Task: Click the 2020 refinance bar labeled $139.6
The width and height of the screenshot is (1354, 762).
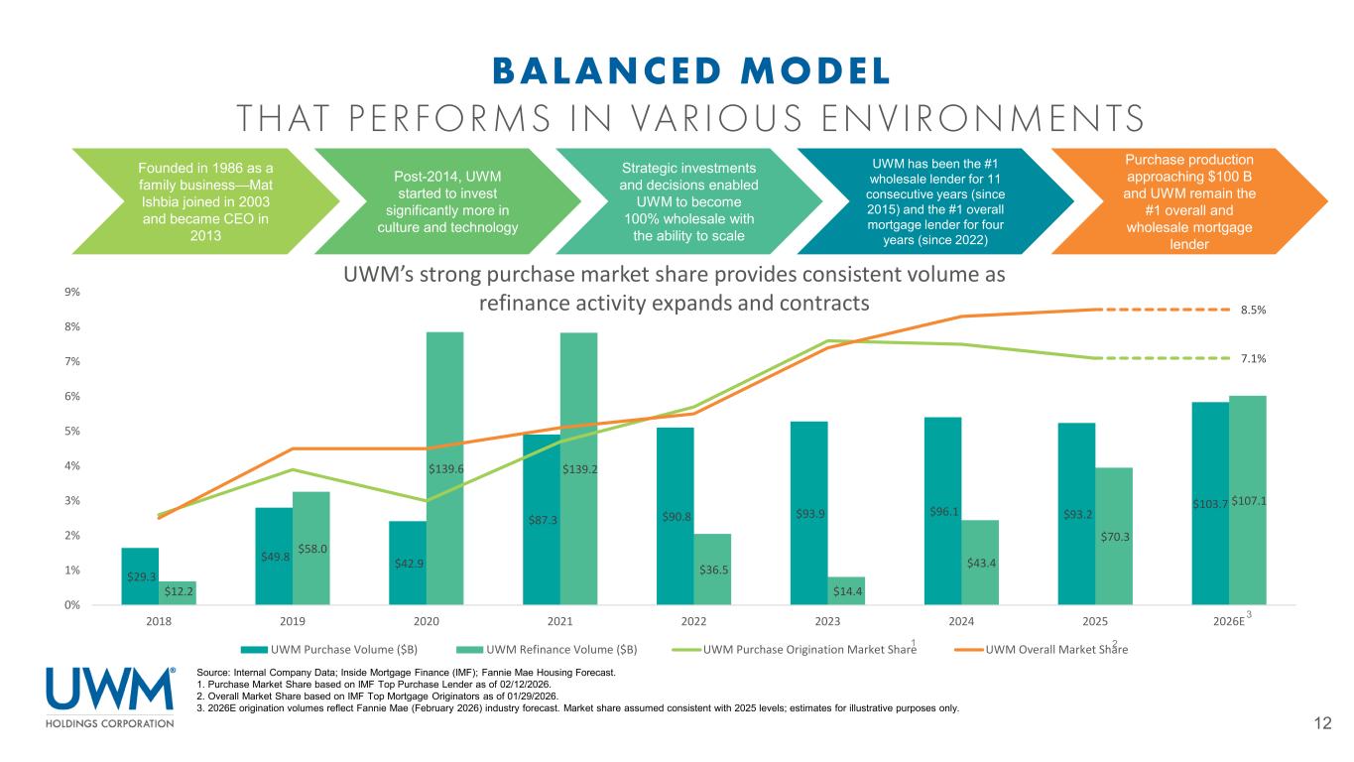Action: pyautogui.click(x=444, y=467)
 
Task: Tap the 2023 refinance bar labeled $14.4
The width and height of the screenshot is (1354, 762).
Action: pyautogui.click(x=846, y=590)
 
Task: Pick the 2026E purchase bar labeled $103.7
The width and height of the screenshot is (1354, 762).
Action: pyautogui.click(x=1209, y=503)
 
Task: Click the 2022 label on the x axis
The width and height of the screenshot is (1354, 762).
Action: pyautogui.click(x=693, y=621)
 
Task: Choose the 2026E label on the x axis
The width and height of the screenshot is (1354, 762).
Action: pyautogui.click(x=1228, y=621)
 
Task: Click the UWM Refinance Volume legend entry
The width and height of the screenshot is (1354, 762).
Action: pyautogui.click(x=556, y=650)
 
